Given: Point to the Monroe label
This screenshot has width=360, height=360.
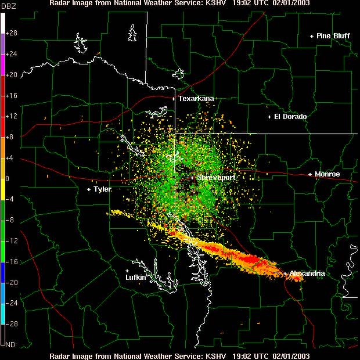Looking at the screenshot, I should [327, 174].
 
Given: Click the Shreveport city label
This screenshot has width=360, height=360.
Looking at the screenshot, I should [215, 177].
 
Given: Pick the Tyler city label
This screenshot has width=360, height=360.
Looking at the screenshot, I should [102, 189].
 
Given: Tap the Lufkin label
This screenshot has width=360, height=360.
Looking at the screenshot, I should [135, 278].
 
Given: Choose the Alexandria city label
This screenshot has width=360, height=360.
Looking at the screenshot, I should [307, 273].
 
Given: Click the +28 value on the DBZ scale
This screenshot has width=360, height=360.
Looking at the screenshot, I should [11, 33].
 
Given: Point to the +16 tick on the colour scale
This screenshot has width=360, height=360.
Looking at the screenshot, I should [11, 95].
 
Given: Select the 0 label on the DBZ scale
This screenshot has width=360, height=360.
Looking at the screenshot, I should [7, 178].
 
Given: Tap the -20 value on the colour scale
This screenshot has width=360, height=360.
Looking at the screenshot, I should [11, 282].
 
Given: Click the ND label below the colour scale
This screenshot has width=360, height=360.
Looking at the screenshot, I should [10, 344].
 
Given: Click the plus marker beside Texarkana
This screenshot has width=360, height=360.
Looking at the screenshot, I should [174, 99].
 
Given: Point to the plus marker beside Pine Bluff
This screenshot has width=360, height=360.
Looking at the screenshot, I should [312, 36].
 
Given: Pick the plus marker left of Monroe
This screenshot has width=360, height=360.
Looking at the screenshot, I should [310, 174].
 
